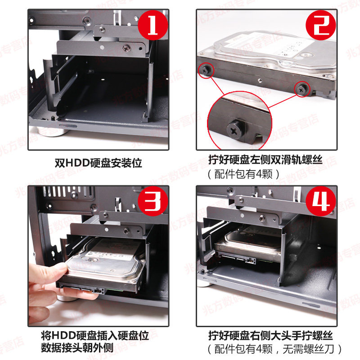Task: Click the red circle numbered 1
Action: [x=153, y=25]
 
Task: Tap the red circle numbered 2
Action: [x=321, y=25]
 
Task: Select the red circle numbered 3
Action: [x=153, y=201]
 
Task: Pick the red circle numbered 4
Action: [x=321, y=201]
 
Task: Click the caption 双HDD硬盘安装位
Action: [x=98, y=163]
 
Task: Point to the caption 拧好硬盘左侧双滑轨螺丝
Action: [x=265, y=159]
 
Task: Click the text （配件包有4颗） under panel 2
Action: [x=243, y=174]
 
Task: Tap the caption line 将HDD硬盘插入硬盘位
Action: [x=95, y=335]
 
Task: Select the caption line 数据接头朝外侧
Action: [x=77, y=348]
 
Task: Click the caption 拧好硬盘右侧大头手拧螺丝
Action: [x=270, y=335]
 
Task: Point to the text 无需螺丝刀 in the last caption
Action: [x=308, y=349]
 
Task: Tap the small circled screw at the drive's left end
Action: [x=205, y=70]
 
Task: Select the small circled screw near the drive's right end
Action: [x=301, y=89]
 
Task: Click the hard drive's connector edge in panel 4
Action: [x=239, y=260]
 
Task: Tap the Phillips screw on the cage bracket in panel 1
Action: [x=126, y=48]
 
